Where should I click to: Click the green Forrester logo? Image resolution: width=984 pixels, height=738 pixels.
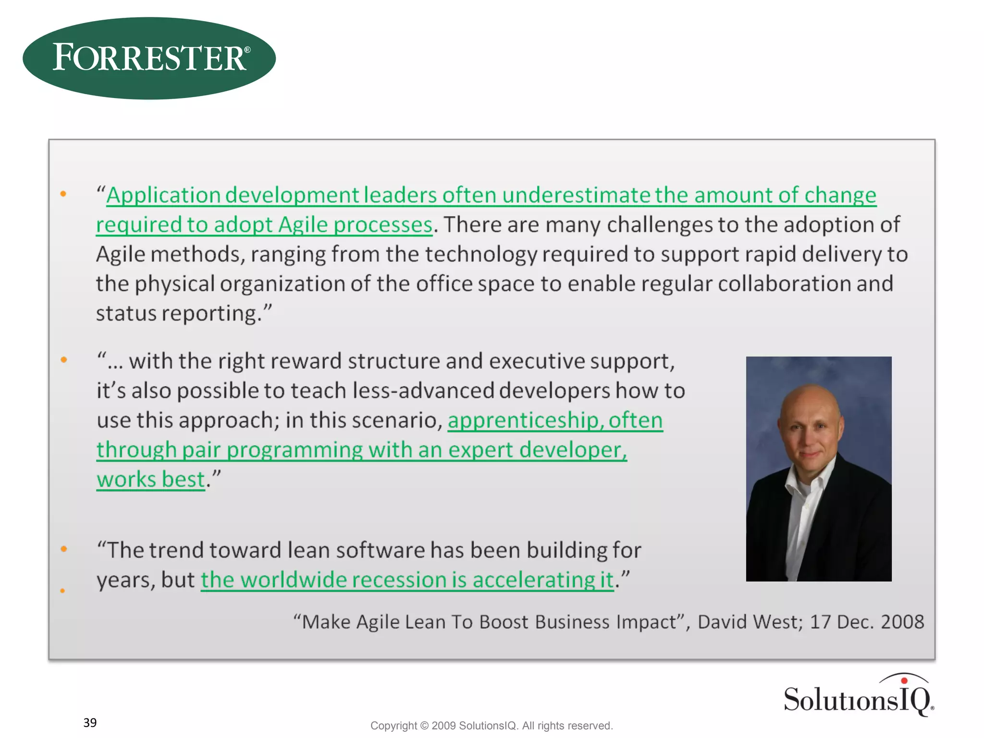149,58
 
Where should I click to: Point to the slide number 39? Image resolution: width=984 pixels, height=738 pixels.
90,723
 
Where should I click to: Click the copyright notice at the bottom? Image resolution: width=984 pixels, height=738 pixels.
492,726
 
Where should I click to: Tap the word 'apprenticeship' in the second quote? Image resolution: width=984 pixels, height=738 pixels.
523,420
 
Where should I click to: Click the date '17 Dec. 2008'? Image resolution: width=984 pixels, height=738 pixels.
867,622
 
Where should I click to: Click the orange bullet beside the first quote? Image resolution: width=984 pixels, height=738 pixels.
63,194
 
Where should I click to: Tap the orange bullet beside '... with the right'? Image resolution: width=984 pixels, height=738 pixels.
63,360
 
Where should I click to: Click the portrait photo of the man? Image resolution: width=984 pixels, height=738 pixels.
818,468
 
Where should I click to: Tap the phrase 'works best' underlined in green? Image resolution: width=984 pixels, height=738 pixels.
150,480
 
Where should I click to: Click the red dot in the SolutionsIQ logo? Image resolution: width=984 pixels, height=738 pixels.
904,680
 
